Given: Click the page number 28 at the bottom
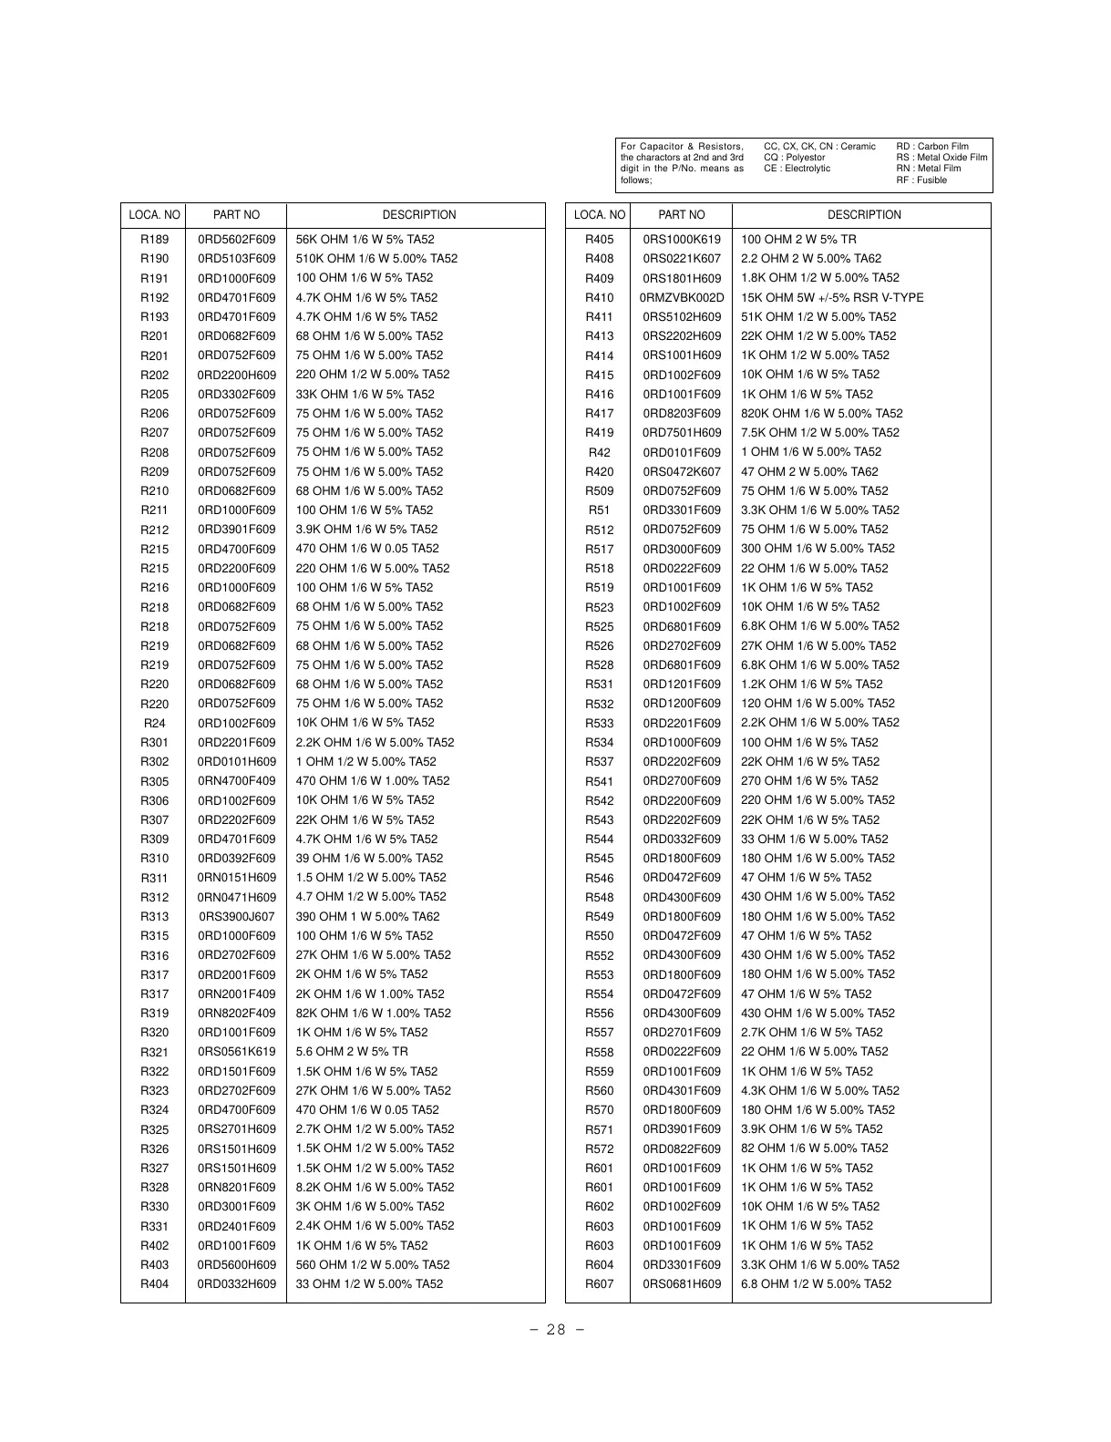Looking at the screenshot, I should [x=556, y=1329].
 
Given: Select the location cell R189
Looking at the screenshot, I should [x=154, y=240].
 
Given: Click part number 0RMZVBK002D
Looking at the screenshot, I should [x=681, y=298].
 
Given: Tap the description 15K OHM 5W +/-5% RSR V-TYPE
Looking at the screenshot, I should [x=831, y=298].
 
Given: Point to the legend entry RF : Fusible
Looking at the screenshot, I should [x=921, y=180].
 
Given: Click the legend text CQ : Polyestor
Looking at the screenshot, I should [x=794, y=158].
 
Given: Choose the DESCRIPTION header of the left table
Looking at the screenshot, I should [x=418, y=215].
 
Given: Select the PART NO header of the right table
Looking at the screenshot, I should [x=681, y=215].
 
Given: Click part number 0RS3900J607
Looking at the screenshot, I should [x=236, y=917].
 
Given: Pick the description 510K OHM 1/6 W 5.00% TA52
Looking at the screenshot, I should [x=376, y=259].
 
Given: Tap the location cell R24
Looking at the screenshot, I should [x=154, y=723].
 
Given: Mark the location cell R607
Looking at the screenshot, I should [x=599, y=1284].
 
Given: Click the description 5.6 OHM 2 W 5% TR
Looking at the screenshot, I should [x=352, y=1052].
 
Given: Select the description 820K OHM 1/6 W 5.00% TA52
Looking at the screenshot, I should [x=821, y=414].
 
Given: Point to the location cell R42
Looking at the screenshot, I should [x=599, y=452].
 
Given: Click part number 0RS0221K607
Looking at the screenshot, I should [x=681, y=259].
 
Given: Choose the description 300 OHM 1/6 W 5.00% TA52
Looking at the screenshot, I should [x=818, y=549].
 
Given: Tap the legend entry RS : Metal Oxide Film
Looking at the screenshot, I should [x=941, y=158].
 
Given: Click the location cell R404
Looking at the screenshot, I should [x=154, y=1284].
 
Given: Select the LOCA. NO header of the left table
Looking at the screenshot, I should [x=154, y=215].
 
